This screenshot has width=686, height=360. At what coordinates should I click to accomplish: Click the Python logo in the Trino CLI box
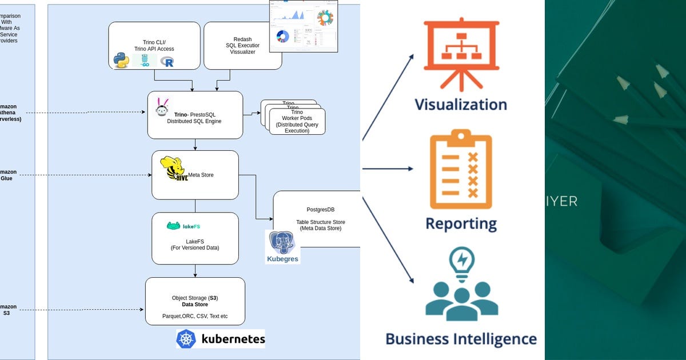(x=121, y=60)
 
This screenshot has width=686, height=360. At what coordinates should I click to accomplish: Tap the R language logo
(x=167, y=62)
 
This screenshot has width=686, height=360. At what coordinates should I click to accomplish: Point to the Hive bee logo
(x=175, y=169)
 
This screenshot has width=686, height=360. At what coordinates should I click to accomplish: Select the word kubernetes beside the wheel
(x=233, y=339)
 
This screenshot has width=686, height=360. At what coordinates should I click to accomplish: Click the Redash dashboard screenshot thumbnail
(x=304, y=26)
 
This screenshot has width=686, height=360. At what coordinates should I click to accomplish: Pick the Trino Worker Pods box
(x=297, y=122)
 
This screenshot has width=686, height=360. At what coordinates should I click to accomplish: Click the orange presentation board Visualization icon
(x=461, y=55)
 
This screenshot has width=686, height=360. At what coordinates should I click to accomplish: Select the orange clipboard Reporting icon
(x=461, y=170)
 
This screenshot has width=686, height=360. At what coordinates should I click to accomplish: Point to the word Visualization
(x=461, y=105)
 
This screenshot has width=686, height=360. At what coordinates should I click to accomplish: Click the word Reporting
(x=461, y=223)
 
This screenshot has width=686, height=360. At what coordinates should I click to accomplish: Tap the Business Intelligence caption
(x=461, y=338)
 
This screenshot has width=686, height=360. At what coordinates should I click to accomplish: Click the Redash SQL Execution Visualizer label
(x=242, y=46)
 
